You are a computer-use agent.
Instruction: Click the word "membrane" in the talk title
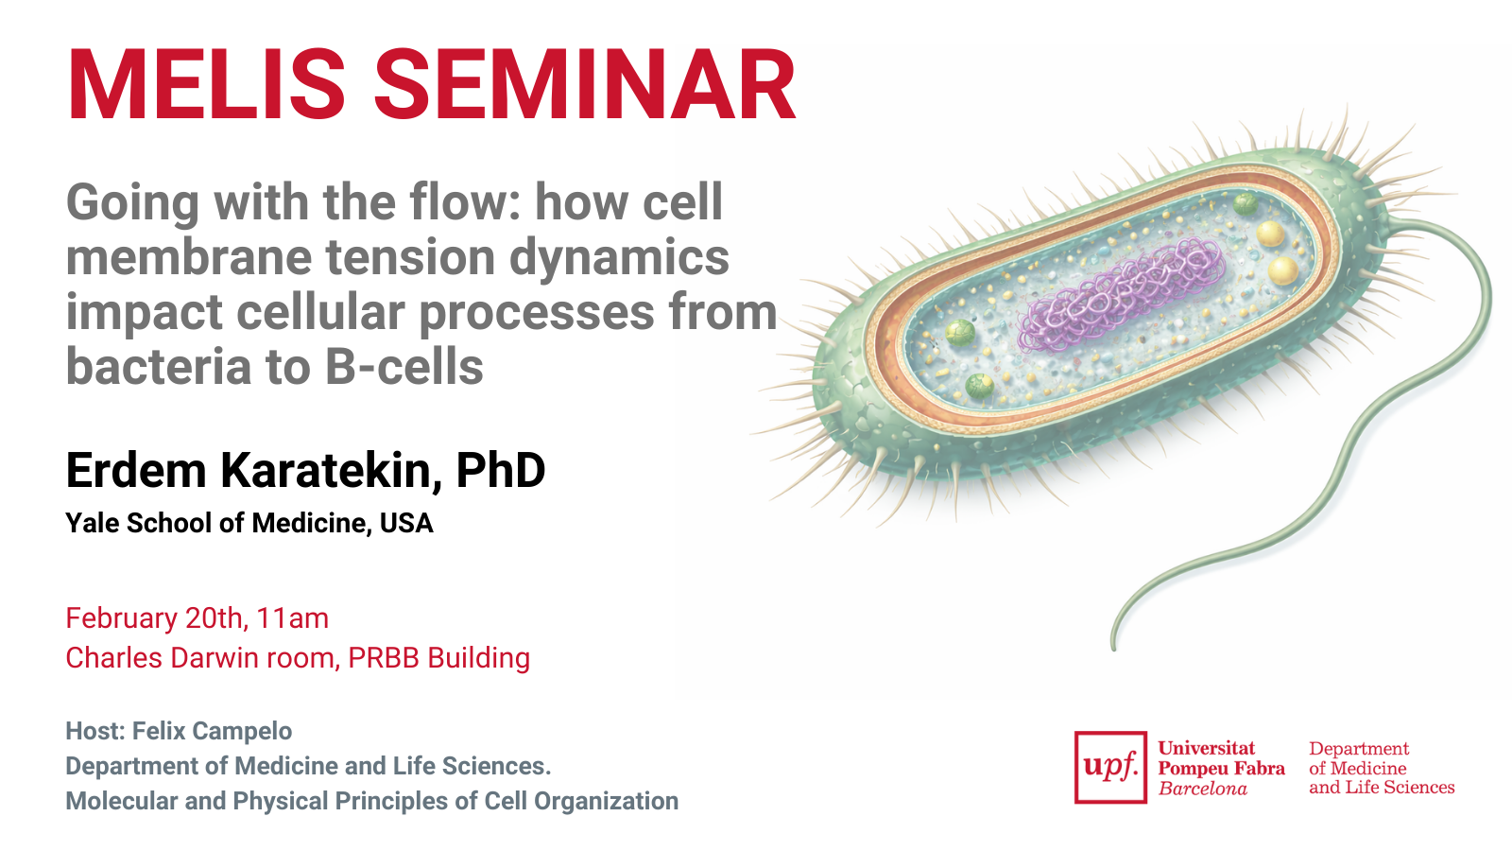(x=190, y=257)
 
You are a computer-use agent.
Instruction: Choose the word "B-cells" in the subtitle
(x=404, y=367)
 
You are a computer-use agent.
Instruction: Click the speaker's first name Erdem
(x=136, y=470)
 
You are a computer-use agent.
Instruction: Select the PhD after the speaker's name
(x=500, y=470)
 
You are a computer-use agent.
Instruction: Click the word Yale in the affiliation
(x=93, y=524)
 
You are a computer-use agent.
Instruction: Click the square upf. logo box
(x=1110, y=767)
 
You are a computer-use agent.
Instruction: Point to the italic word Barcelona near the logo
(x=1203, y=789)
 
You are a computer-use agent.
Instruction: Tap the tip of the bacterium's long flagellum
(x=1114, y=649)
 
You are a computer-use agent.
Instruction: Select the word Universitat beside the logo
(x=1207, y=748)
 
